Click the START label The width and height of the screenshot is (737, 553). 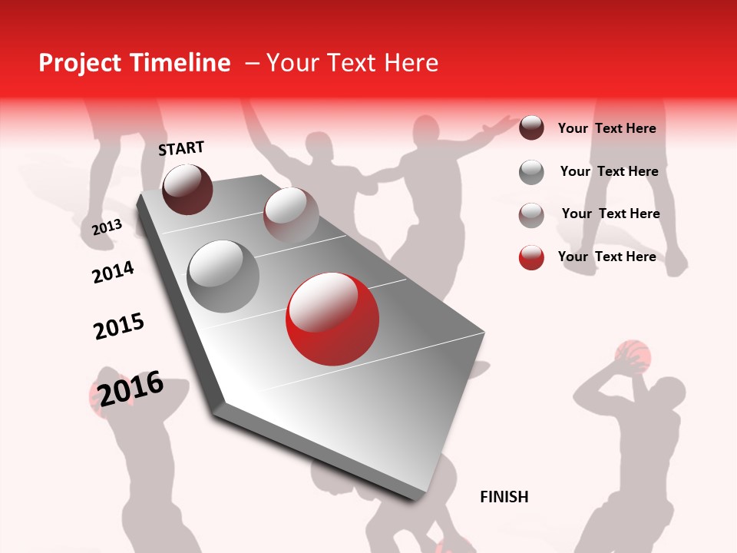point(181,148)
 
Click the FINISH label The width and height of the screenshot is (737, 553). point(504,497)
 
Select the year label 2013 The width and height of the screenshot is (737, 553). point(107,227)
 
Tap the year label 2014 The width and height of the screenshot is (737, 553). point(113,272)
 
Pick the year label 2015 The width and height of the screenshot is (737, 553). point(119,326)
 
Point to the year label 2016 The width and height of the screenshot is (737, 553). point(131,388)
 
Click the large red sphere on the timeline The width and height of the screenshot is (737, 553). point(332,319)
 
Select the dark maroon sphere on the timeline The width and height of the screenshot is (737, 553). point(187,189)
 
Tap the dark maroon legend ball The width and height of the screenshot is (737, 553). point(531,127)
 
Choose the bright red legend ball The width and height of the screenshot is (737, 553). point(531,257)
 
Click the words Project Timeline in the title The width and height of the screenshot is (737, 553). point(134,63)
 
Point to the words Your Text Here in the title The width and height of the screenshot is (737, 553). point(352,63)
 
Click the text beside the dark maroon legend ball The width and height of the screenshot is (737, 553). point(606,128)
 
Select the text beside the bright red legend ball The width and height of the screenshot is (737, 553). point(606,257)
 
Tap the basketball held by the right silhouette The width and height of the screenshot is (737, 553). point(633,356)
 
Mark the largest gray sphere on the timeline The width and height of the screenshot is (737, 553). point(223,276)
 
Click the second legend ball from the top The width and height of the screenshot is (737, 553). point(531,172)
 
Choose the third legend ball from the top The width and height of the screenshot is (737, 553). point(531,215)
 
